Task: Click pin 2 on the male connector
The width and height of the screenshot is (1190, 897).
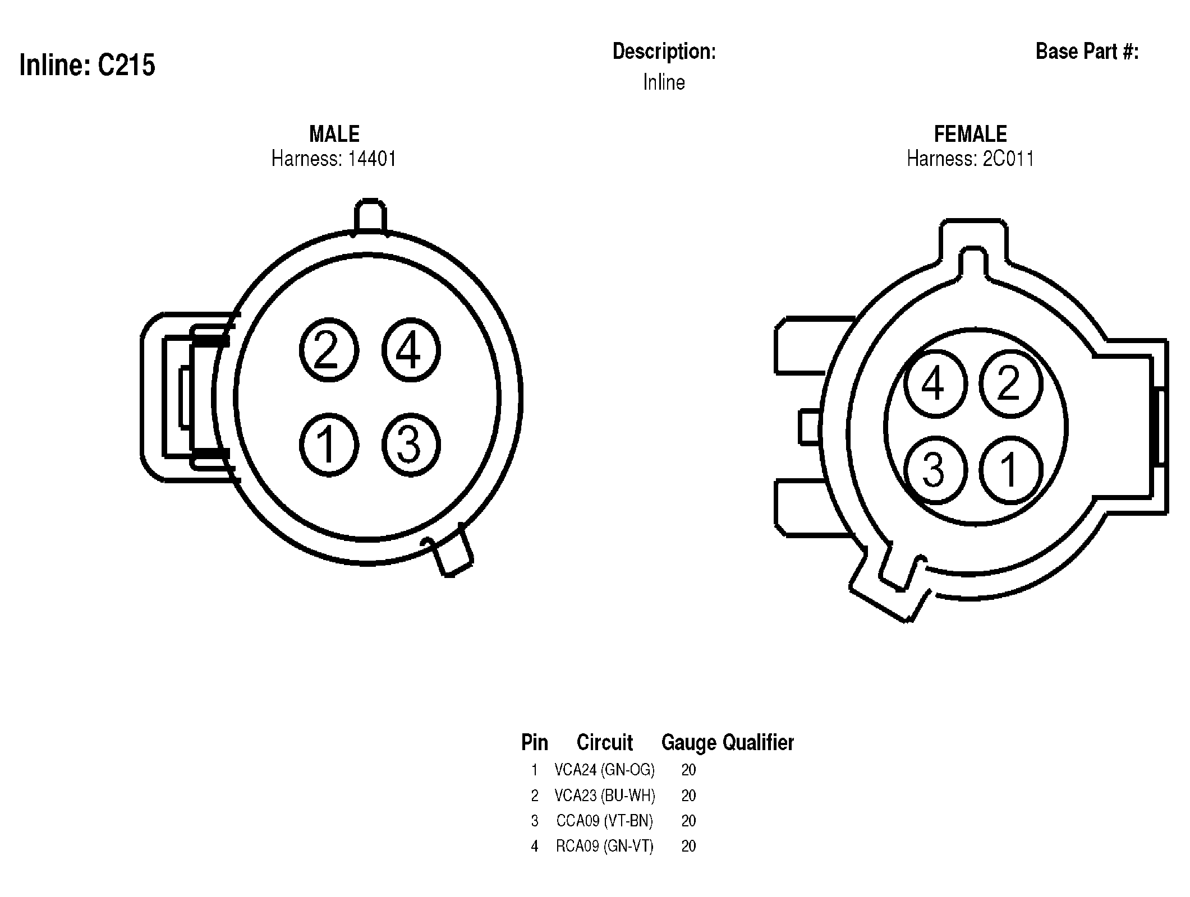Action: click(329, 350)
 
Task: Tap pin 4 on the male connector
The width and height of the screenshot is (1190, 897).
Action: click(411, 350)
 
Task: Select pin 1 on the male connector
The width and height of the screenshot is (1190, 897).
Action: click(329, 445)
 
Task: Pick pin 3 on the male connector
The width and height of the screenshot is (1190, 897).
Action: click(411, 445)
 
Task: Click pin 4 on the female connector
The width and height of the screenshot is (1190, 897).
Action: click(935, 383)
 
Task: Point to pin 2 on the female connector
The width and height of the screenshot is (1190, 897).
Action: click(1010, 383)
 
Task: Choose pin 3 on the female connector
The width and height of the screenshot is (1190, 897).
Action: click(935, 470)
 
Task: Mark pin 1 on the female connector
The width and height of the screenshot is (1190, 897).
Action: click(1010, 470)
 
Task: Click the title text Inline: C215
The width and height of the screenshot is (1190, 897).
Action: click(87, 65)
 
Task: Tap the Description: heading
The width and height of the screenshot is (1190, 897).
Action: click(664, 52)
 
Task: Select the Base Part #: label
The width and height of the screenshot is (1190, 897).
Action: click(1087, 52)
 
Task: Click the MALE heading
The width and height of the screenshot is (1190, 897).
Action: click(334, 134)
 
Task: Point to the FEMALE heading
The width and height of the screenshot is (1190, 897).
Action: click(971, 134)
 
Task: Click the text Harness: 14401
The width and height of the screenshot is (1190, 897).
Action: click(334, 159)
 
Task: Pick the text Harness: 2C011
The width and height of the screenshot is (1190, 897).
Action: click(971, 159)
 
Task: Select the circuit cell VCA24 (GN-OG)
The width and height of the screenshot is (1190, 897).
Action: click(605, 770)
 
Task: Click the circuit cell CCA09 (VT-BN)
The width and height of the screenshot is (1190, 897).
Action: click(605, 821)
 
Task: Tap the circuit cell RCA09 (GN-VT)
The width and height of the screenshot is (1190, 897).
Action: click(605, 846)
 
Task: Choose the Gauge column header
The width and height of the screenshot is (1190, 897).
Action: click(689, 742)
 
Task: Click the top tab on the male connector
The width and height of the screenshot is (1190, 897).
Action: click(370, 216)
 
